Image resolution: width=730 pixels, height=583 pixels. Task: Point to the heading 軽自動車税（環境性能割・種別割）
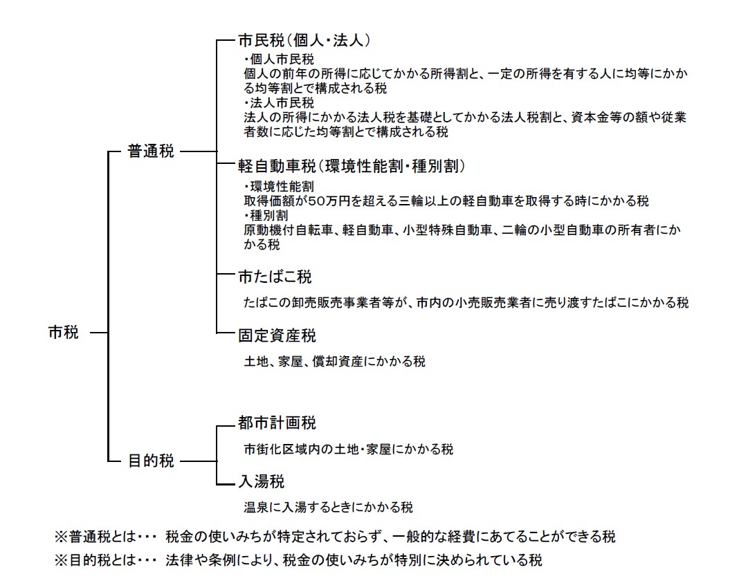pos(351,166)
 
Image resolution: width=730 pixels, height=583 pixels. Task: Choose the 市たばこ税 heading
pos(275,277)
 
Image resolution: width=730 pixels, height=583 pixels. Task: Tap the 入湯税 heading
pos(261,481)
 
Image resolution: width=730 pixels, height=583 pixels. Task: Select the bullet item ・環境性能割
pos(274,187)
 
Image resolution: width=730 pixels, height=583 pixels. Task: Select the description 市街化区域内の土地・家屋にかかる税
pos(345,448)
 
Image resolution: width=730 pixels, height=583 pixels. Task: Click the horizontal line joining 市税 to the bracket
pos(99,333)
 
